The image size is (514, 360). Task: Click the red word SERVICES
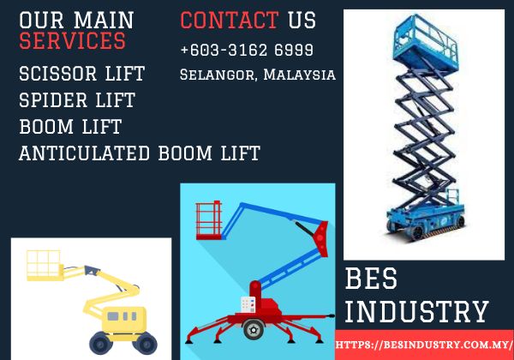pos(73,40)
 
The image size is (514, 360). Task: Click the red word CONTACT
pos(230,21)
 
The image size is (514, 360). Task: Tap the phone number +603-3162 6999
pos(247,50)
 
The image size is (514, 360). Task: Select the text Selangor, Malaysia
pos(258,75)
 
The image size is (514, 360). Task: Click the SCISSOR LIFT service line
pos(82,74)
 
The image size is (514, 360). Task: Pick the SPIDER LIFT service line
pos(77,99)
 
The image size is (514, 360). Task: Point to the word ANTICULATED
pos(85,153)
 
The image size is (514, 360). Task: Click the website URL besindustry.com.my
pos(424,345)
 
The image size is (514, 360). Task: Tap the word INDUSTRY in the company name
pos(416,311)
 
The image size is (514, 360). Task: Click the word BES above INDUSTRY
pos(371,279)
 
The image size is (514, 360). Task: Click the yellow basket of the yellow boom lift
pos(45,266)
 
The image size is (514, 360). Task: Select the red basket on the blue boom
pos(209,220)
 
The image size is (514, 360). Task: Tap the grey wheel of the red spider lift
pos(254,329)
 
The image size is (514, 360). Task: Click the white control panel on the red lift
pos(248,304)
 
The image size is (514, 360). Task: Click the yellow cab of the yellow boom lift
pos(124,319)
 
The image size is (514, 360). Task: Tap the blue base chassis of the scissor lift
pos(426,220)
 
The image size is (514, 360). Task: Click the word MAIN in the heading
pos(104,21)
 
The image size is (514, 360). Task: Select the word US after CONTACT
pos(302,21)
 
